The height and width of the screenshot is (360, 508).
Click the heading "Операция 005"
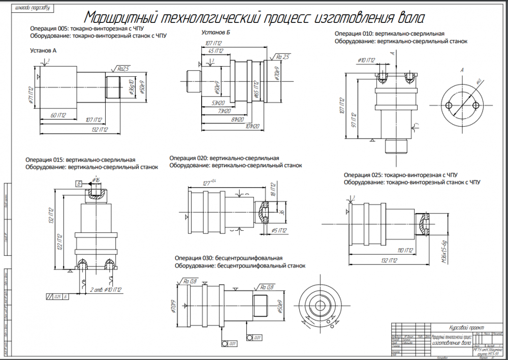[48, 28]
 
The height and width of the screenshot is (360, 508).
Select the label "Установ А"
[43, 51]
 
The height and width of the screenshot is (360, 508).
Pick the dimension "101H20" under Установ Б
[252, 126]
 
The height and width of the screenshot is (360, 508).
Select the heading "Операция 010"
[354, 34]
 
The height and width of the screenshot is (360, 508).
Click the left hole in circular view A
[449, 105]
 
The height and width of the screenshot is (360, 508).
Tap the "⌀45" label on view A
[479, 82]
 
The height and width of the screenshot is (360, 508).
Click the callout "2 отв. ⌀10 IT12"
[105, 290]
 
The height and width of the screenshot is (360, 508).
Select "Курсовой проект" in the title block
[467, 327]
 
